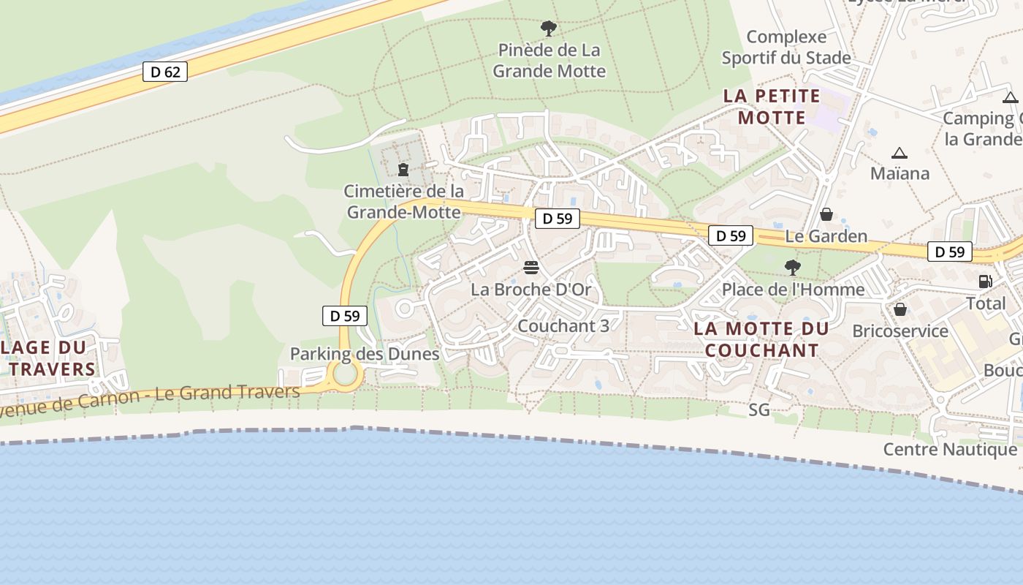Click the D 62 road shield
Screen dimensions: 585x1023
165,72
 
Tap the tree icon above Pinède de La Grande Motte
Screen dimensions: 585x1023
548,29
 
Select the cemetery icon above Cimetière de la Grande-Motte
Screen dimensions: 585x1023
403,170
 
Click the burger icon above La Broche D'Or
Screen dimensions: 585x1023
531,268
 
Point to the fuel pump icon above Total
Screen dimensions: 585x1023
985,281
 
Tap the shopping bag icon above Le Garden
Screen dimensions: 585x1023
826,214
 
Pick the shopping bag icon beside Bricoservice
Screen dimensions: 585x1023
900,309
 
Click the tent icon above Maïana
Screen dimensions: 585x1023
900,153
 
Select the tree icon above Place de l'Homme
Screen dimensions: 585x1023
793,268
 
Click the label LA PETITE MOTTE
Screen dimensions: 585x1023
772,107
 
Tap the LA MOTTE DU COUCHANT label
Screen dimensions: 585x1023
761,339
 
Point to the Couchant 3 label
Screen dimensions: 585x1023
563,326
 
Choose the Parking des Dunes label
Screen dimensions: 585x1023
365,354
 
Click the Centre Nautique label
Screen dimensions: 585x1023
950,449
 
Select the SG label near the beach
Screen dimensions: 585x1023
759,410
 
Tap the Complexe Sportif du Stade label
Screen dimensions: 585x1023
786,48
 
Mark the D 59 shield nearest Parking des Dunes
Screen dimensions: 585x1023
345,316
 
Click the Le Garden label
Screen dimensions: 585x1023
826,236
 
